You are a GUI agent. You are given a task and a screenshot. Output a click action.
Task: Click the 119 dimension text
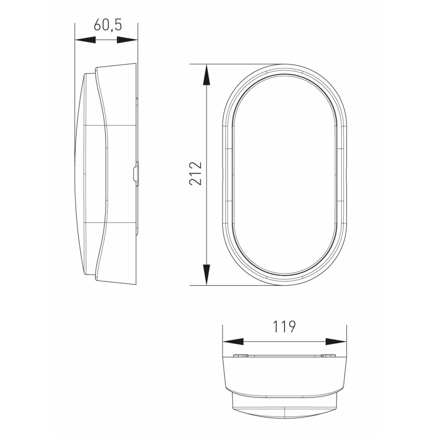point(284,326)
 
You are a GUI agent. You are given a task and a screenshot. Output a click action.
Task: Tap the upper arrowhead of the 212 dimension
point(206,75)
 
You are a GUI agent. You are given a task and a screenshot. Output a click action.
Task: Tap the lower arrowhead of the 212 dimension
point(206,274)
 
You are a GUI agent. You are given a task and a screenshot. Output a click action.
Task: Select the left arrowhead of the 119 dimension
point(233,342)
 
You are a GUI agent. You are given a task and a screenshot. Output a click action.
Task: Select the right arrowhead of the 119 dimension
point(336,342)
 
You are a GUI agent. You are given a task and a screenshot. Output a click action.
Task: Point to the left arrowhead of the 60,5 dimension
point(85,40)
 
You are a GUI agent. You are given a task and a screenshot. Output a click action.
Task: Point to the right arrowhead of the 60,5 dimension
point(127,40)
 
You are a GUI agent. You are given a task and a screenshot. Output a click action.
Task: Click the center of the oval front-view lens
point(284,175)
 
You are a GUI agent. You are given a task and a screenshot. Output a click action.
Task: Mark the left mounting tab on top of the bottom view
point(243,356)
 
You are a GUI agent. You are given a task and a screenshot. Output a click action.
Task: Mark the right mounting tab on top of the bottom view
point(327,356)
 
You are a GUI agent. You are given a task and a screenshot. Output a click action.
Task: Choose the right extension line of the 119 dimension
point(346,336)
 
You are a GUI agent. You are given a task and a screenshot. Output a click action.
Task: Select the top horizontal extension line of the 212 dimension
point(236,64)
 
